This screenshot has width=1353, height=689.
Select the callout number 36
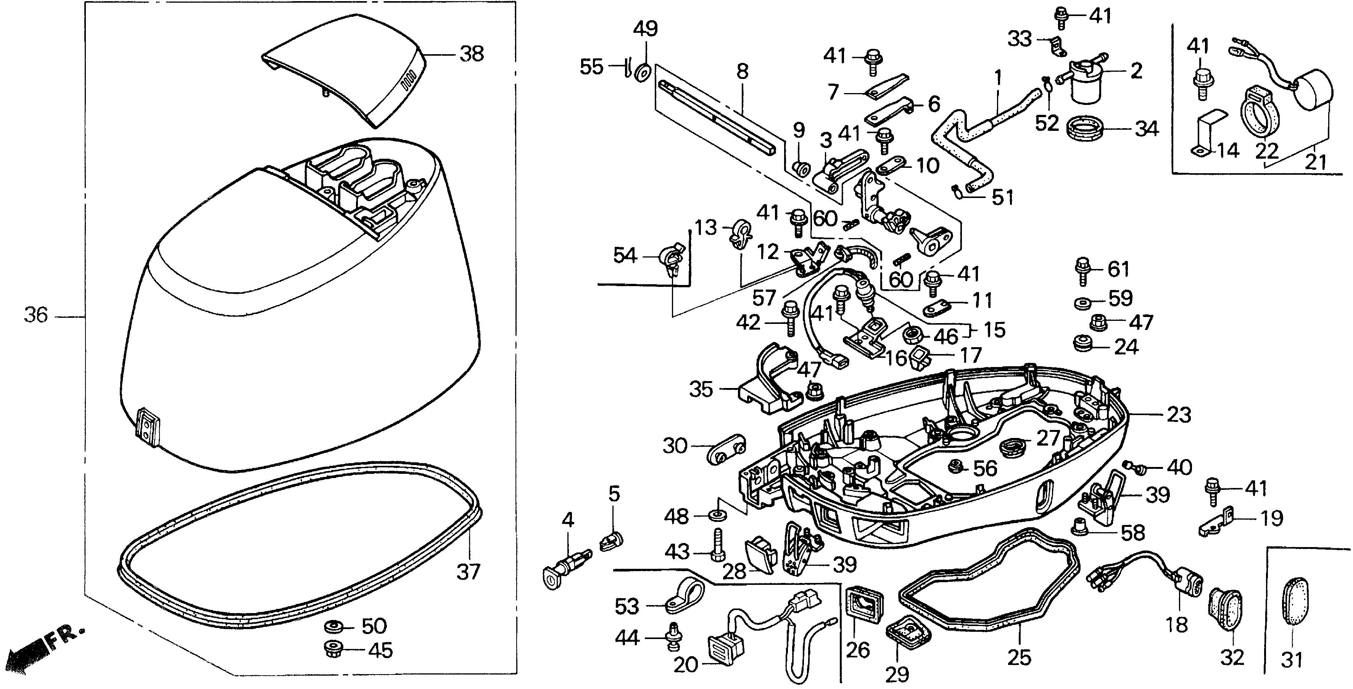pos(36,316)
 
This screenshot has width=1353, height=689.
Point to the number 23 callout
pos(1179,415)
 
